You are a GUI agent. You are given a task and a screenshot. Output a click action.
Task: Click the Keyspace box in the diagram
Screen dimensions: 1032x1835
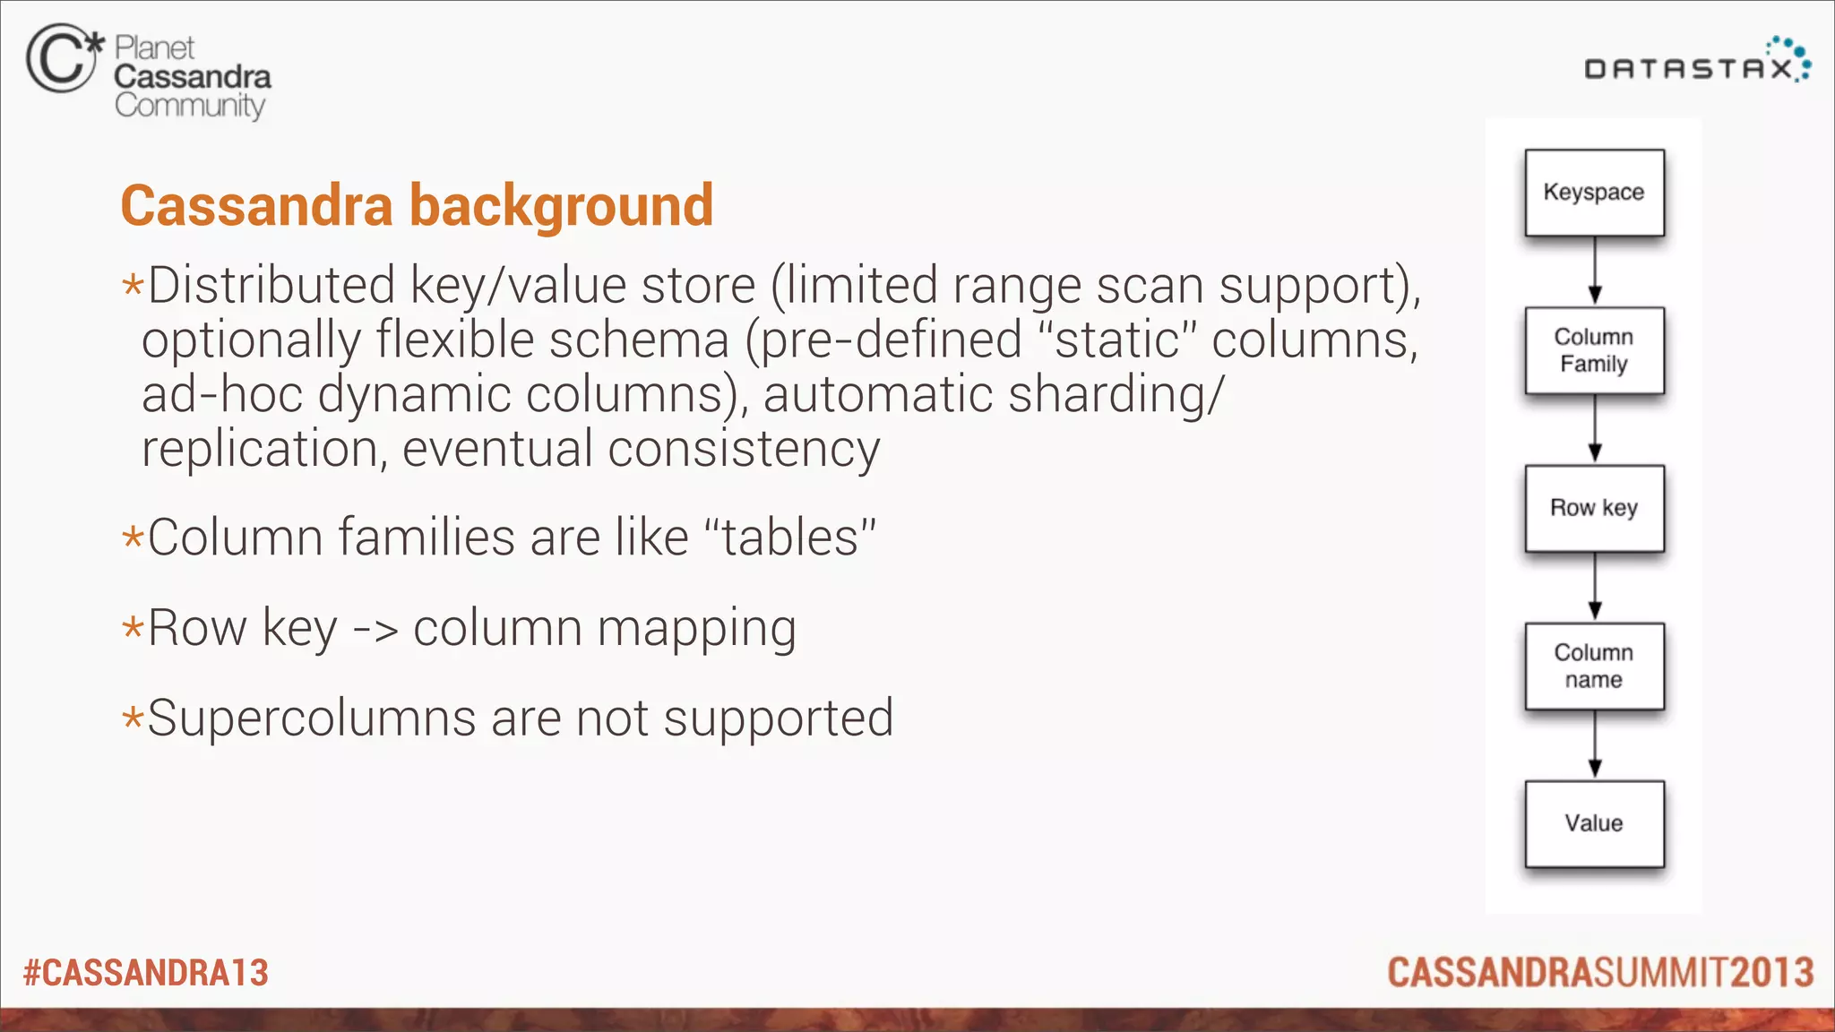[1594, 193]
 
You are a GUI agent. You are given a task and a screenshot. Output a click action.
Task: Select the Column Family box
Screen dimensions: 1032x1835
[1594, 350]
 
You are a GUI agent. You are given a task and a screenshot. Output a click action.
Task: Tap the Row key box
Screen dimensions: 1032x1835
[1594, 508]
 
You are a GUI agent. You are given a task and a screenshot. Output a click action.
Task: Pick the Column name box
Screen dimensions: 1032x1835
[1594, 666]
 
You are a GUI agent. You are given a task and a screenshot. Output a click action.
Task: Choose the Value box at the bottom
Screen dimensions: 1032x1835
[1594, 823]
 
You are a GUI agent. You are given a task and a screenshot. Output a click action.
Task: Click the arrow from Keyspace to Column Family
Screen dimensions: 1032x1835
[1595, 271]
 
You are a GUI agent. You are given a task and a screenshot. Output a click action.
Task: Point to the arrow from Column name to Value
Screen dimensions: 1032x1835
[1595, 744]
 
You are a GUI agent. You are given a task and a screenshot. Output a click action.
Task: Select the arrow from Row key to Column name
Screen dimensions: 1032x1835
[1595, 587]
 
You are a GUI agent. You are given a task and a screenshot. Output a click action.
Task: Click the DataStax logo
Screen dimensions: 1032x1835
[1697, 63]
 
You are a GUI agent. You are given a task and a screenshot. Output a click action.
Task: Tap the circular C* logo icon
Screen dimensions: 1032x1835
[63, 58]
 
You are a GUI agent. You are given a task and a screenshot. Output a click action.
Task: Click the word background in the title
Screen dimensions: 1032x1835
[561, 206]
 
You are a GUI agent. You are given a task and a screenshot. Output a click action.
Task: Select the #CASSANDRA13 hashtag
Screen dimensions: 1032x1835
[146, 973]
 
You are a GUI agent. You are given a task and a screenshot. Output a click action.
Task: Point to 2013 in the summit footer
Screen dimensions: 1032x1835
[1772, 973]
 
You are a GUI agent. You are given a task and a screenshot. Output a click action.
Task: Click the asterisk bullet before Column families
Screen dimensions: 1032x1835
[133, 538]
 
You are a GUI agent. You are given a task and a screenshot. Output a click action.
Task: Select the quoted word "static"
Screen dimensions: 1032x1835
[1116, 340]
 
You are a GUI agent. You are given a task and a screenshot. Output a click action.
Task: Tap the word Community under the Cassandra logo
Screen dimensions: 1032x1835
[190, 106]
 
